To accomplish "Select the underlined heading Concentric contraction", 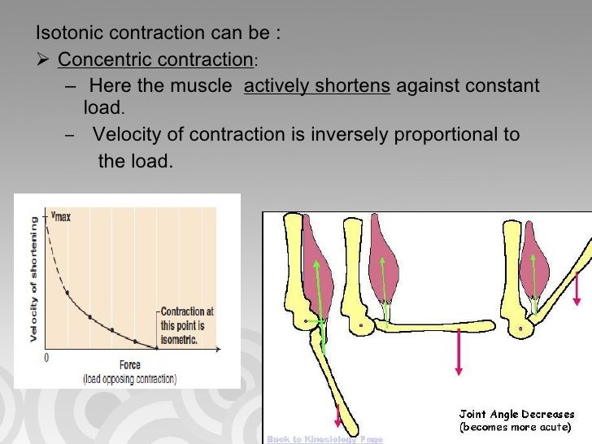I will [x=155, y=60].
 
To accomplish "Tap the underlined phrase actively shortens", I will [x=317, y=86].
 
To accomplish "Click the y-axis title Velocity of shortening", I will [x=33, y=279].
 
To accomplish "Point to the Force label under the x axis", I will [x=129, y=365].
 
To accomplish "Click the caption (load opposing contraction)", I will [x=129, y=379].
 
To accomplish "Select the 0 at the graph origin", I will [x=46, y=357].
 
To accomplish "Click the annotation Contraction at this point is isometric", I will [x=188, y=326].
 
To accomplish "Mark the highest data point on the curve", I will [x=67, y=292].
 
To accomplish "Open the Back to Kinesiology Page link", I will [x=325, y=438].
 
